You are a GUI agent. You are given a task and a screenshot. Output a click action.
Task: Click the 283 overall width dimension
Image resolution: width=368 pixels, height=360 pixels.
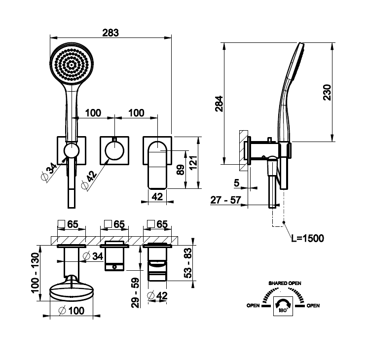110,33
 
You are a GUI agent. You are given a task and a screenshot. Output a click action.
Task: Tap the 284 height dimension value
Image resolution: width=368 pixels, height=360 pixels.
219,104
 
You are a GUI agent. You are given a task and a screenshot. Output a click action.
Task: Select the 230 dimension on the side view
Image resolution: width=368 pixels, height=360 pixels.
327,92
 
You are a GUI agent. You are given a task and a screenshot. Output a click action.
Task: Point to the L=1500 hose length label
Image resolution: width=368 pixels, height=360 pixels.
307,238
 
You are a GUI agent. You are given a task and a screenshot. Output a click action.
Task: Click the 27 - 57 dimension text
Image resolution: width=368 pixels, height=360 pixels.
225,200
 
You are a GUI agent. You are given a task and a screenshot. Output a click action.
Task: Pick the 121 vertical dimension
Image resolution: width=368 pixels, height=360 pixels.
193,163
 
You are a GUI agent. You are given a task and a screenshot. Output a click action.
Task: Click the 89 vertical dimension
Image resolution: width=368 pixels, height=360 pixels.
180,170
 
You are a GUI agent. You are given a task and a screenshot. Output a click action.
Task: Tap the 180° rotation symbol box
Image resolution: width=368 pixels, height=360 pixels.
283,306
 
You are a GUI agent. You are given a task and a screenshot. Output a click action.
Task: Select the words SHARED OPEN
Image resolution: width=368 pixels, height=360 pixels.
285,283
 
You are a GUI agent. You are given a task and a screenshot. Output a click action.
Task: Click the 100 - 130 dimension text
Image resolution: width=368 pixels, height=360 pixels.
35,273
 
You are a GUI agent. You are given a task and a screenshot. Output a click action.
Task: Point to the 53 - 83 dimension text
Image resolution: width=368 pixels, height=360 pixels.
188,263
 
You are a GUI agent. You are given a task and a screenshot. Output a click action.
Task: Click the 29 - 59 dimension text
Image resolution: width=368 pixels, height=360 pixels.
135,293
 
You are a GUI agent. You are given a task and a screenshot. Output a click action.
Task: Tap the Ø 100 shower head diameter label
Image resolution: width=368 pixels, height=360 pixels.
72,311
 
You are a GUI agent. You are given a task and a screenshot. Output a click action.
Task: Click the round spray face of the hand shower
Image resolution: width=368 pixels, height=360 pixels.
72,64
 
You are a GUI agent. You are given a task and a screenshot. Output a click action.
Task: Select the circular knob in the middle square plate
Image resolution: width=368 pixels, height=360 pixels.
114,150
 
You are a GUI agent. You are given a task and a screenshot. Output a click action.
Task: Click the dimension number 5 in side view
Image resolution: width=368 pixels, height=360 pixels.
237,182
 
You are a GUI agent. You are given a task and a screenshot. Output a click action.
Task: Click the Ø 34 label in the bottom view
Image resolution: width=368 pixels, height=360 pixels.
93,256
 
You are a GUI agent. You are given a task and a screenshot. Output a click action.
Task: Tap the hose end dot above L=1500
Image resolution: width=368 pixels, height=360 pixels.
284,222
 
